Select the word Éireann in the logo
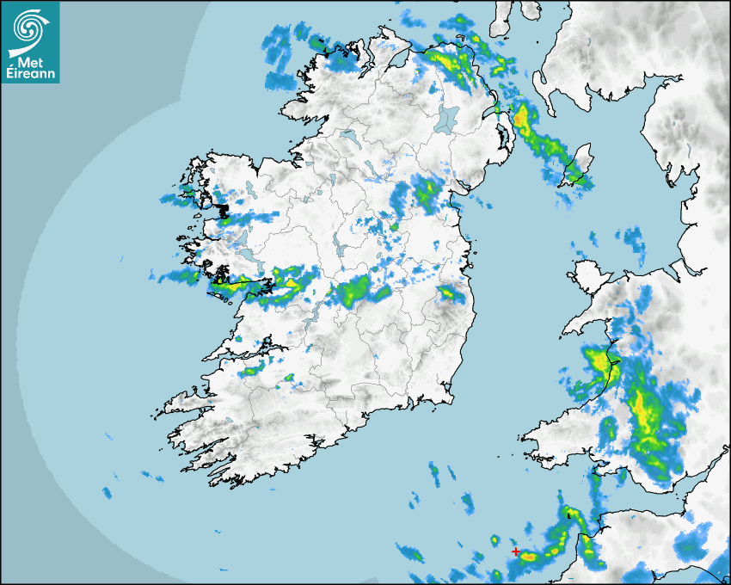pos(31,73)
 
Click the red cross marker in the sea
pos(515,551)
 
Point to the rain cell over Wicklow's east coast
pos(449,293)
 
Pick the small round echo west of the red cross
pos(494,540)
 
